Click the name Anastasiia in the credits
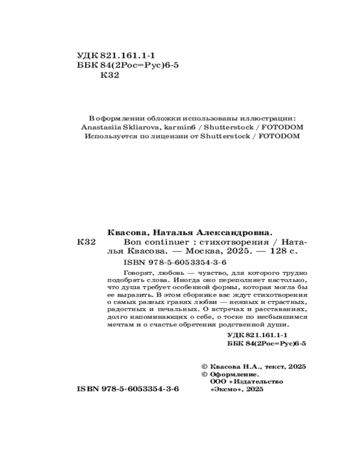coord(103,127)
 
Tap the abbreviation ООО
coord(217,382)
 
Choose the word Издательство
coord(256,382)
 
